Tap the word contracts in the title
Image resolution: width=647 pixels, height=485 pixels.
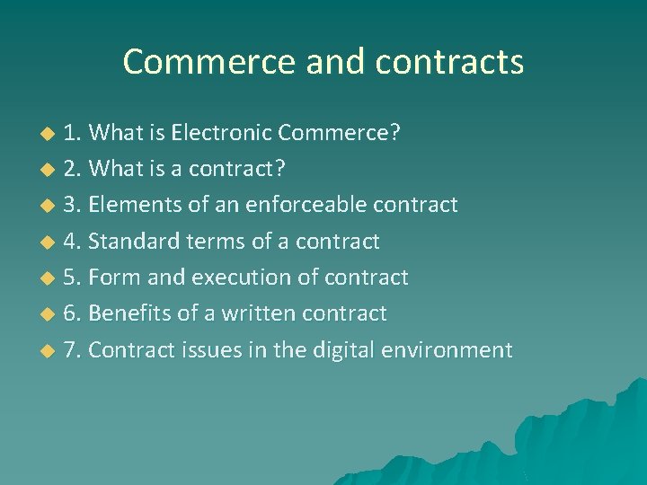(450, 62)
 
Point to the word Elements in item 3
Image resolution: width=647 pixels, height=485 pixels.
(136, 206)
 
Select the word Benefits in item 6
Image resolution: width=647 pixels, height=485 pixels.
(130, 313)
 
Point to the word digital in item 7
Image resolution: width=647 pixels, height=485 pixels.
(344, 349)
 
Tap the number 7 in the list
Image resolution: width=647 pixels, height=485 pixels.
(70, 349)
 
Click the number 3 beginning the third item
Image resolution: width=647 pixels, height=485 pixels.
(70, 206)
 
